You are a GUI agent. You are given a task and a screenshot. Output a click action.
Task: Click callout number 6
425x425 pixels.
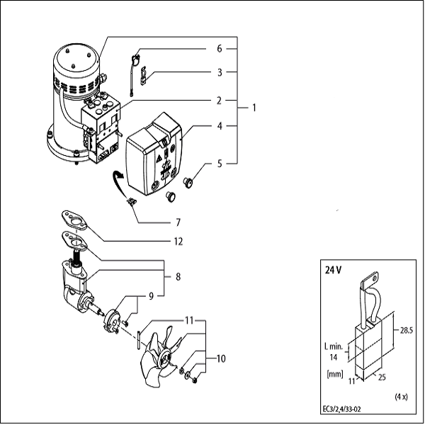[220, 48]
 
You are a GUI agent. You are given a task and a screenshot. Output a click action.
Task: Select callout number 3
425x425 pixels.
[220, 72]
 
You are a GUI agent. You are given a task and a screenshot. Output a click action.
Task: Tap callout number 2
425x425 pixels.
[220, 99]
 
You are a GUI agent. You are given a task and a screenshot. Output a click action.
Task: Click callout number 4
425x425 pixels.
[220, 127]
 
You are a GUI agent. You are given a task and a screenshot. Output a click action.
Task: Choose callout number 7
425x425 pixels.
[178, 222]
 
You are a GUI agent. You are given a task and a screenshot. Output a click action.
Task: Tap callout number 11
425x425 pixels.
[190, 320]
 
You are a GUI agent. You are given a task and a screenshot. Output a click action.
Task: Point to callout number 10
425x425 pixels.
[222, 359]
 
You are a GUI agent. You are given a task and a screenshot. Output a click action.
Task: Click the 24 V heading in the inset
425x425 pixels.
[334, 270]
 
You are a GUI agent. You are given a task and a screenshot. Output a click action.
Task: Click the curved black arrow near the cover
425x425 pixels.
[118, 182]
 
